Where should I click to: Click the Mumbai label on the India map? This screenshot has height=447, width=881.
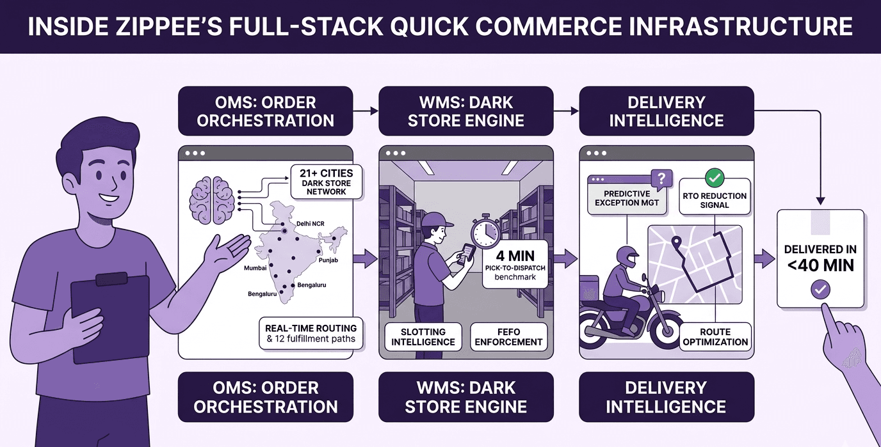tap(255, 268)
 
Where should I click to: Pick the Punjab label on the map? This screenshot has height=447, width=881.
tap(328, 260)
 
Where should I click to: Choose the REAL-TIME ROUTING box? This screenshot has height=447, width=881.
tap(311, 333)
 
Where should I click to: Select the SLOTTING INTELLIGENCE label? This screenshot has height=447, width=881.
tap(423, 336)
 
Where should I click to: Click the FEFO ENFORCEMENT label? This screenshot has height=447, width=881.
tap(508, 336)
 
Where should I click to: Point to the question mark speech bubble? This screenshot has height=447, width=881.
tap(661, 177)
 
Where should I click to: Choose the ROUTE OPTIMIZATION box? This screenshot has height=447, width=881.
tap(715, 336)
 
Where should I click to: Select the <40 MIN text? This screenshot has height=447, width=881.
tap(820, 265)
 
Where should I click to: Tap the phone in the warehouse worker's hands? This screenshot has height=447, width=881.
tap(467, 253)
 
